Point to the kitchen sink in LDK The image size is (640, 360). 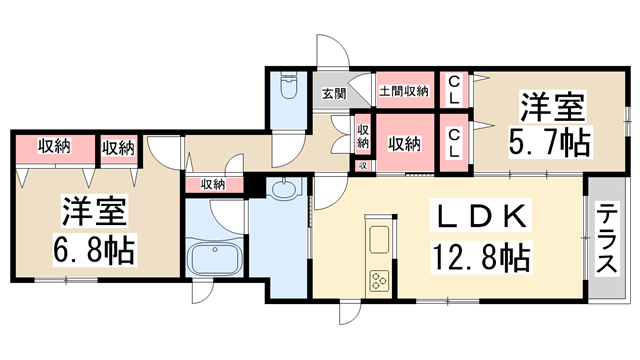point(381,240)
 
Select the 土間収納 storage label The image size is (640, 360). point(403,91)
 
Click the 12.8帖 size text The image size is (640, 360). point(481,257)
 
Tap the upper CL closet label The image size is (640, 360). point(453,90)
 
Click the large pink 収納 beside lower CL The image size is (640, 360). point(404,143)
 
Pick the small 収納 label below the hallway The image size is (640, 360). point(212,183)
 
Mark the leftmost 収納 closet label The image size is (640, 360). point(55,147)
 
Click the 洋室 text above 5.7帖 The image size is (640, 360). point(548,103)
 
